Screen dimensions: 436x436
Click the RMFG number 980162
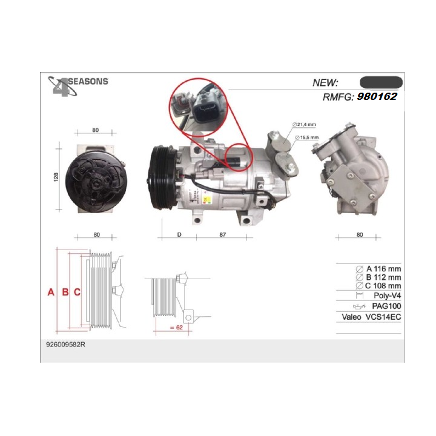[377, 96]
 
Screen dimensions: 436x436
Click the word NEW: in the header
[325, 83]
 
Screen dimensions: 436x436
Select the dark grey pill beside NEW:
[381, 82]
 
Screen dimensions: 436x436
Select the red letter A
[51, 292]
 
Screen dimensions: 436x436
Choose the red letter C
[77, 292]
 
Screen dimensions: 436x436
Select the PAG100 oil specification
[387, 306]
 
